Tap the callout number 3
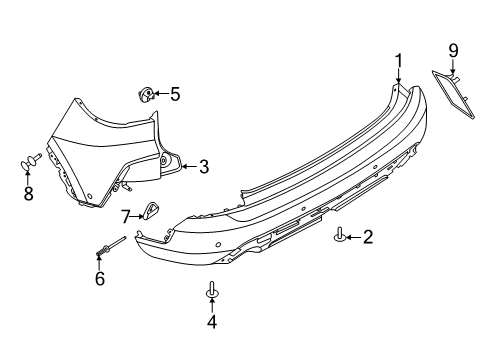203,167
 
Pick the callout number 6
100,278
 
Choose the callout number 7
127,215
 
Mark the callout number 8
28,193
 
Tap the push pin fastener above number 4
211,290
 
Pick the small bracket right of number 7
152,210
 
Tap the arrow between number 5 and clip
161,95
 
